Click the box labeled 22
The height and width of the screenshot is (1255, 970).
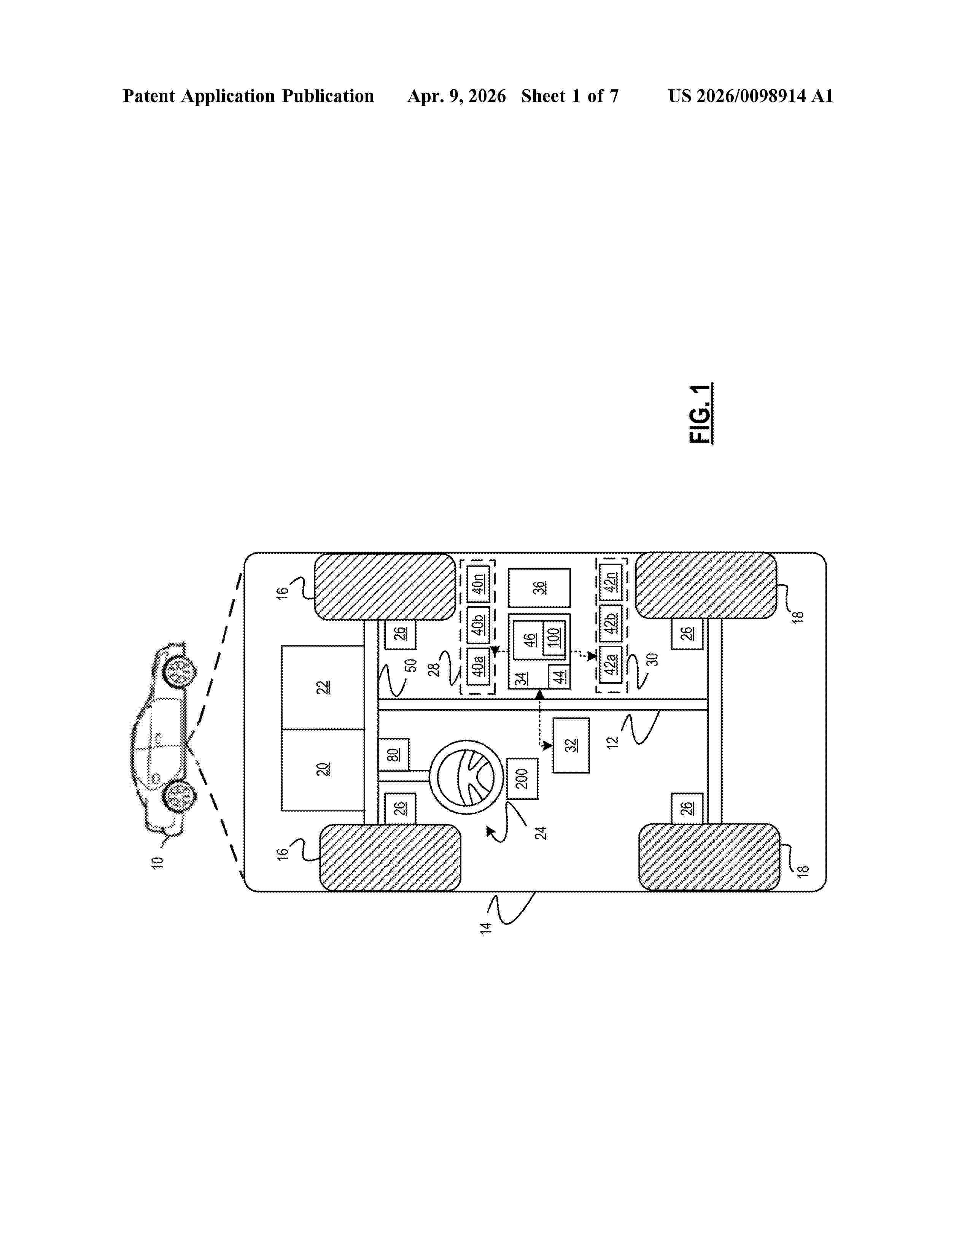(323, 687)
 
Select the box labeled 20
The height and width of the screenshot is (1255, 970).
(323, 769)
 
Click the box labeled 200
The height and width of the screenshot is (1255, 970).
(522, 778)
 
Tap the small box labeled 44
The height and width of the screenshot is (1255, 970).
(559, 677)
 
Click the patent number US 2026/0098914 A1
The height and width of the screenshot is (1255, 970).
(750, 96)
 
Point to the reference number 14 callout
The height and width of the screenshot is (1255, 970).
(486, 928)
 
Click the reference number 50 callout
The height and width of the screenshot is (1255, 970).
(412, 666)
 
